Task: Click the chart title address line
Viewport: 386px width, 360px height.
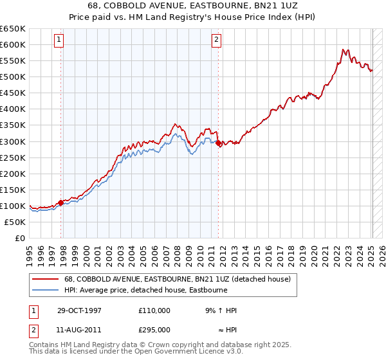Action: pos(193,6)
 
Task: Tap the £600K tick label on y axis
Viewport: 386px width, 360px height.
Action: pos(13,44)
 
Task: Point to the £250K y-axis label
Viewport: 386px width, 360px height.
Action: pos(13,157)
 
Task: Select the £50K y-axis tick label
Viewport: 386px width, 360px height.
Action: pos(15,222)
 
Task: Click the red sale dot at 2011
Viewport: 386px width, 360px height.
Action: pos(218,143)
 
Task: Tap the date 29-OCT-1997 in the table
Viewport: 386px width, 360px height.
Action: pos(79,310)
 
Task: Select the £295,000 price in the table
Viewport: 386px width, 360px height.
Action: pos(154,330)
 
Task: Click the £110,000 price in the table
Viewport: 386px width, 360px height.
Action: pos(154,310)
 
